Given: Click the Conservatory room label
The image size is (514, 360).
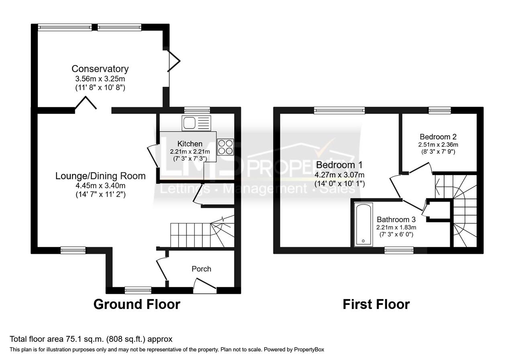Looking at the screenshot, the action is point(100,69).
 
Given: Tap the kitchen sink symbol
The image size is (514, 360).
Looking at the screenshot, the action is point(196,123).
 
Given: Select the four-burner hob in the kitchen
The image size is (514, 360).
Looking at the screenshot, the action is point(226,147).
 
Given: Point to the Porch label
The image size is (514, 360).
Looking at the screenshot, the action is point(201,269).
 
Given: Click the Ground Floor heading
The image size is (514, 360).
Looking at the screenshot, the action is point(137,304).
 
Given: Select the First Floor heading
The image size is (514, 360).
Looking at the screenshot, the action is point(376,304).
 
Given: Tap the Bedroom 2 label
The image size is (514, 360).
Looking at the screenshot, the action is point(438,137).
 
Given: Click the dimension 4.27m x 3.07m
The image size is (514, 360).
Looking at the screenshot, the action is point(339,175).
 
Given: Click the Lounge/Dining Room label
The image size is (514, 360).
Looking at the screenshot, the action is point(100,176).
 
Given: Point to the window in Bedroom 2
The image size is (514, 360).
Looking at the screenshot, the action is point(439,110).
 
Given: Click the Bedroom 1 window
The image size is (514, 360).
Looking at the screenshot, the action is point(339,110).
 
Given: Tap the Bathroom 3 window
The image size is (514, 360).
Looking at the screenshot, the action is point(399,250).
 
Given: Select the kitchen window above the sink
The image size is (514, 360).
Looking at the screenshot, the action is point(197,110).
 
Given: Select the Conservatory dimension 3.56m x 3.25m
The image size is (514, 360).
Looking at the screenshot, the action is point(100,78).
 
